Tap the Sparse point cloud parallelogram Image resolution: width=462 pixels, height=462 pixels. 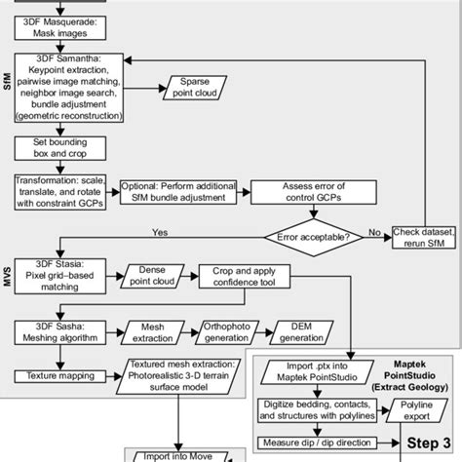tap(200, 87)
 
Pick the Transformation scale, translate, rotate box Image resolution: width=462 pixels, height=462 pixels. tap(64, 189)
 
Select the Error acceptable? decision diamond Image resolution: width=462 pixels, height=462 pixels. tap(319, 235)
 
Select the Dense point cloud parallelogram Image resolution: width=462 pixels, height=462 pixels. tap(159, 276)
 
